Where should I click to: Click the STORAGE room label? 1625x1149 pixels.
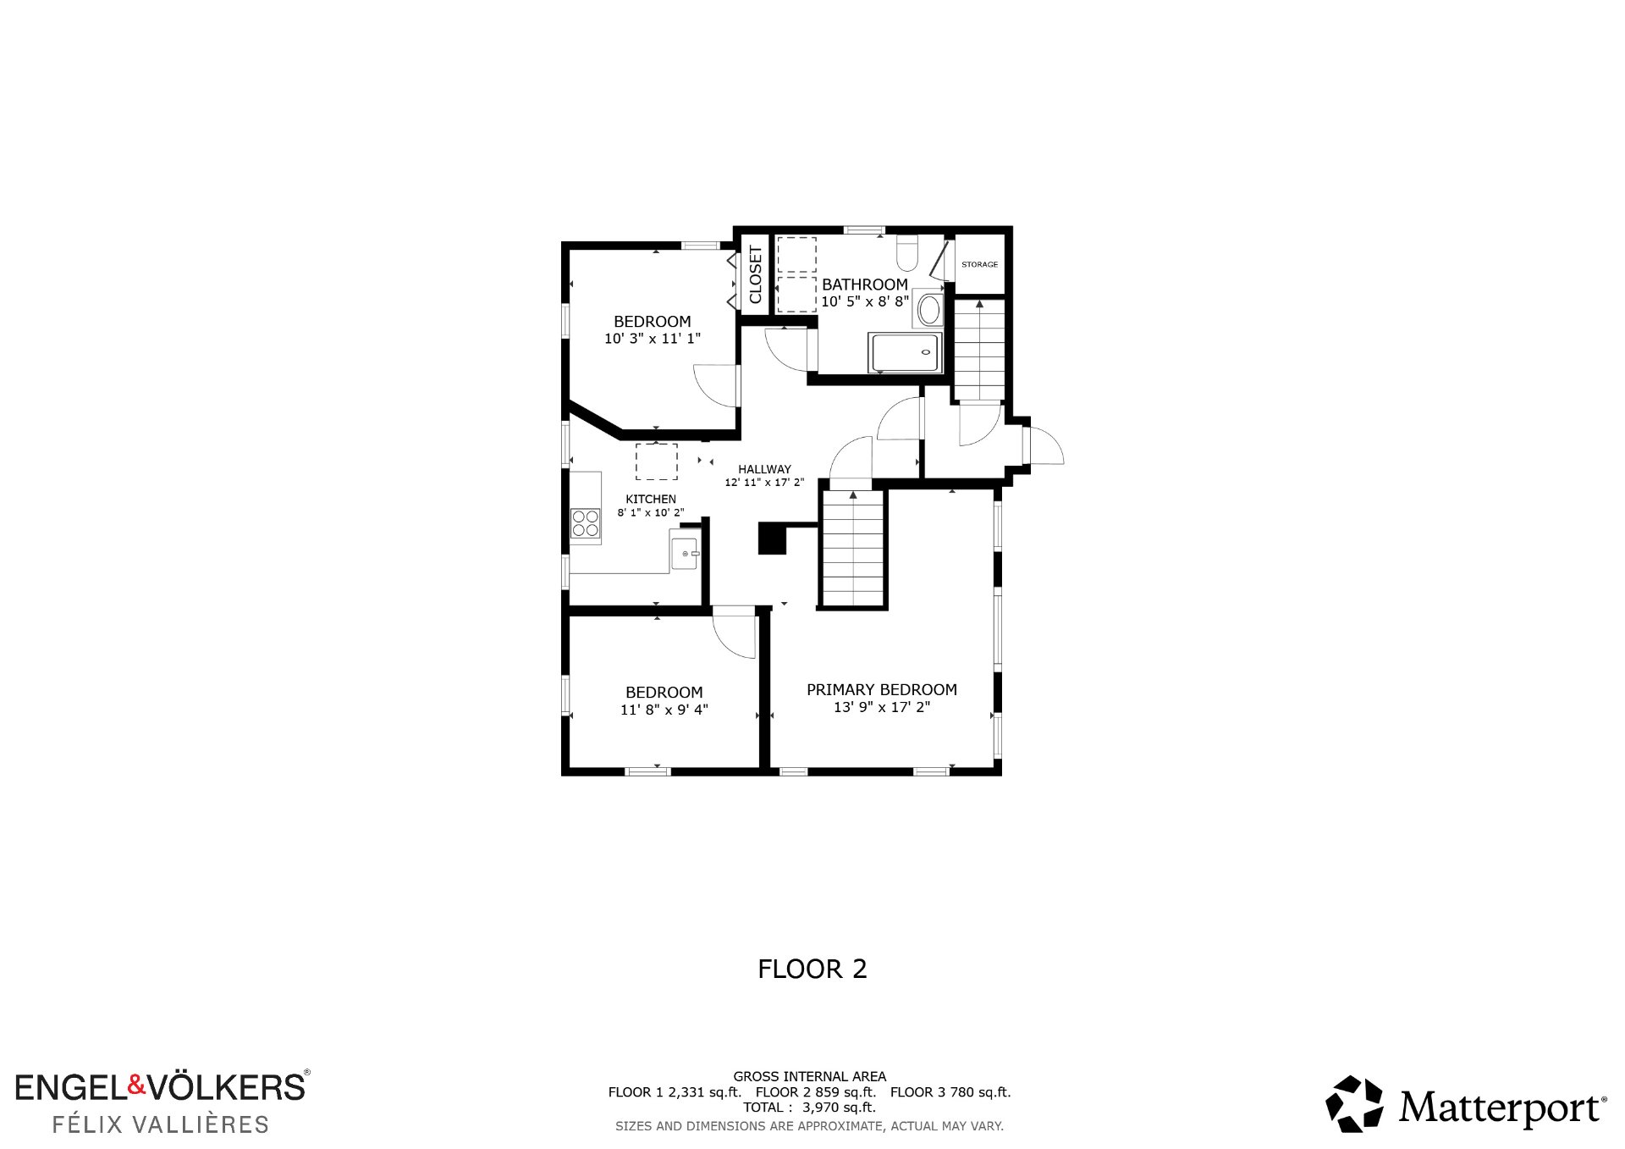979,265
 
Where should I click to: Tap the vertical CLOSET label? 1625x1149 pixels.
756,274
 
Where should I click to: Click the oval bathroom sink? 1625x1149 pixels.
929,311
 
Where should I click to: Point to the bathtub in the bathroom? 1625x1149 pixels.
906,352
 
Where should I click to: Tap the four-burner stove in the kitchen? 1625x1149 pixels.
585,522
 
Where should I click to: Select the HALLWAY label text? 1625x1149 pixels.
764,469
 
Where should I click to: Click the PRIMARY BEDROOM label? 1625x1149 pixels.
882,690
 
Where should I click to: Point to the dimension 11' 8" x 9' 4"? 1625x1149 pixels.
664,710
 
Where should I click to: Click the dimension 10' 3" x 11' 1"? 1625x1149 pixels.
653,339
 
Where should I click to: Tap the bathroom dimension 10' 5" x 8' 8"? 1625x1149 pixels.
865,301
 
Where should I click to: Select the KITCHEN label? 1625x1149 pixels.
651,500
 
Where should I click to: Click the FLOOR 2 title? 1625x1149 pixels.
812,969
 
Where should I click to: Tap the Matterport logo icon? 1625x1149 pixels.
1354,1103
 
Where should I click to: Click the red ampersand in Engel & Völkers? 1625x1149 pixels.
137,1085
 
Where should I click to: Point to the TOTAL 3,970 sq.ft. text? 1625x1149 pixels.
810,1108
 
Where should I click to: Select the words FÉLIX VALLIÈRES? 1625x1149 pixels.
161,1124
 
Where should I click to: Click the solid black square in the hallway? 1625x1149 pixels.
772,539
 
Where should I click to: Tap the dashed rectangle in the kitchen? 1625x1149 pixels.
657,461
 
